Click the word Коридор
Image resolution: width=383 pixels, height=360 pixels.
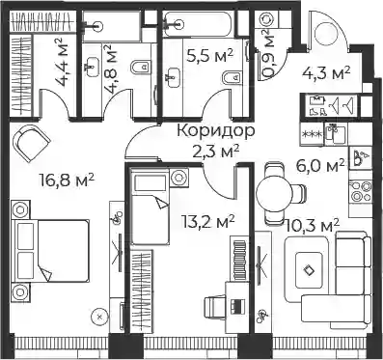pyautogui.click(x=216, y=131)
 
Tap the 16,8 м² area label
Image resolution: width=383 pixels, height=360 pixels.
pyautogui.click(x=67, y=180)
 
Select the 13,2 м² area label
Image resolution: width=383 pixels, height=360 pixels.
pyautogui.click(x=207, y=221)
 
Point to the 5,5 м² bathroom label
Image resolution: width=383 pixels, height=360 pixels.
pyautogui.click(x=210, y=55)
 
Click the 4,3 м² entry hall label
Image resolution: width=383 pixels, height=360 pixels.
pyautogui.click(x=326, y=72)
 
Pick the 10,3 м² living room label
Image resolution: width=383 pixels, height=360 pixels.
pyautogui.click(x=313, y=226)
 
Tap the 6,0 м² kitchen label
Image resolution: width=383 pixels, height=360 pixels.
pyautogui.click(x=320, y=166)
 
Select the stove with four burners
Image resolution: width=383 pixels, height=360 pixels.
pyautogui.click(x=361, y=192)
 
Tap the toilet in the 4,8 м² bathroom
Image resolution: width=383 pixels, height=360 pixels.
pyautogui.click(x=141, y=67)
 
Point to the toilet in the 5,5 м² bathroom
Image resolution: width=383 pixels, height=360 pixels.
pyautogui.click(x=233, y=77)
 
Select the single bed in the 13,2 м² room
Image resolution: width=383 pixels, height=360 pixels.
pyautogui.click(x=150, y=208)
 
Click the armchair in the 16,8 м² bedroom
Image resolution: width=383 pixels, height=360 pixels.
pyautogui.click(x=31, y=142)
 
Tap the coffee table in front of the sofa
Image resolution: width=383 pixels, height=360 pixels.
pyautogui.click(x=309, y=269)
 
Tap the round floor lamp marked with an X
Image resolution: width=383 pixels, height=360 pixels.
pyautogui.click(x=100, y=317)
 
